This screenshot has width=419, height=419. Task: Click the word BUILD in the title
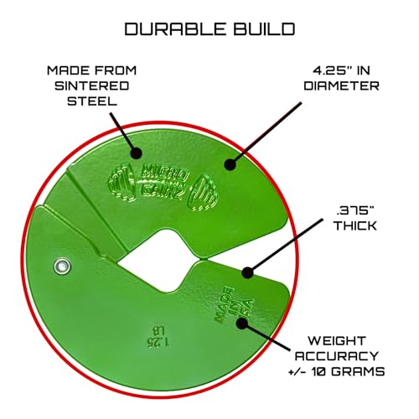[264, 29]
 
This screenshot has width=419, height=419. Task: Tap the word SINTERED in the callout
[92, 85]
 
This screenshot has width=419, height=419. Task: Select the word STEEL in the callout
[92, 101]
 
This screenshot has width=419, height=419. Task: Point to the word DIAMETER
[341, 85]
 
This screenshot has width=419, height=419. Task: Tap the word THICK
[355, 225]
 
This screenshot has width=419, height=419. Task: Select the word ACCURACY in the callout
[337, 356]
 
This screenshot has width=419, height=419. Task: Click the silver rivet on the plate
[62, 266]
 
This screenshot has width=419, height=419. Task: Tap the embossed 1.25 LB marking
[158, 336]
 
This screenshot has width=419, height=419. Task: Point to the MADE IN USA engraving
[234, 305]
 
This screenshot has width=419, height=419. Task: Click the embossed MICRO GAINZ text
[163, 183]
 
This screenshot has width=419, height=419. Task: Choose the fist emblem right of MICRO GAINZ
[203, 193]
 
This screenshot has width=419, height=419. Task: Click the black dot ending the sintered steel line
[136, 153]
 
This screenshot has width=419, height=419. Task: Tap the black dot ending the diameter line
[230, 164]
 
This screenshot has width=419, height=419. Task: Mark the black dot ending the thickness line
[247, 272]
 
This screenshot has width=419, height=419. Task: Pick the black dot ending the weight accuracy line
[242, 323]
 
